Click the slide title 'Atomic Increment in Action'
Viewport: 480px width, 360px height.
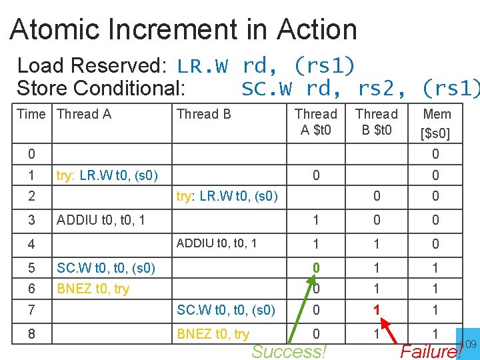pyautogui.click(x=183, y=29)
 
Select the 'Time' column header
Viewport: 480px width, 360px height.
pyautogui.click(x=31, y=114)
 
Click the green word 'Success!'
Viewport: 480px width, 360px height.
pyautogui.click(x=289, y=351)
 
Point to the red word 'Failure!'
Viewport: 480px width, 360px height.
pyautogui.click(x=430, y=351)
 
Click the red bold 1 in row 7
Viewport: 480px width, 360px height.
pyautogui.click(x=377, y=310)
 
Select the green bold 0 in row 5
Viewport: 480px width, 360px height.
pyautogui.click(x=316, y=268)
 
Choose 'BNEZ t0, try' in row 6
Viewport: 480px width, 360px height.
pyautogui.click(x=93, y=289)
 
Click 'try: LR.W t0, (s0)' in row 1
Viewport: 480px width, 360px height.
pyautogui.click(x=107, y=176)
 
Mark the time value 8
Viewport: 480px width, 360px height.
pyautogui.click(x=31, y=333)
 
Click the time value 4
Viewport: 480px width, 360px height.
pyautogui.click(x=31, y=244)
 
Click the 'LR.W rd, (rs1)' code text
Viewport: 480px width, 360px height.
pyautogui.click(x=266, y=66)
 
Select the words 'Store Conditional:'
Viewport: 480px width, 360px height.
pyautogui.click(x=101, y=88)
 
